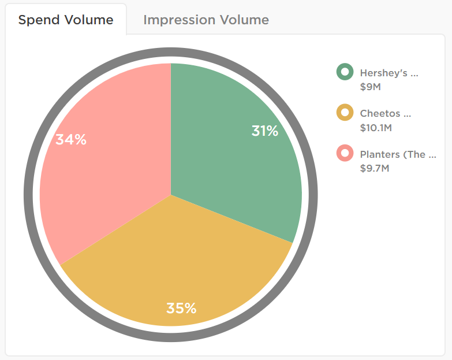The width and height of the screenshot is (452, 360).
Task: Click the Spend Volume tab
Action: coord(66,20)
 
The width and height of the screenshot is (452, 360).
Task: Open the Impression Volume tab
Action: coord(206,20)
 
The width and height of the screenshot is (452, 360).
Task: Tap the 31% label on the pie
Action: coord(265,131)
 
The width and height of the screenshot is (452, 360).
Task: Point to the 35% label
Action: coord(181,308)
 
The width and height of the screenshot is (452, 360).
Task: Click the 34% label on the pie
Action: coord(71,139)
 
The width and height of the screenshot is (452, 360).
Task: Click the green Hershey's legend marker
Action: coord(345,72)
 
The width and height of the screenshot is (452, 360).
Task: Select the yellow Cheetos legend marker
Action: coord(345,113)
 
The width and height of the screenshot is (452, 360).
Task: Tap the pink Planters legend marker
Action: coord(345,154)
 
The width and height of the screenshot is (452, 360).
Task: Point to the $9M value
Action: coord(370,87)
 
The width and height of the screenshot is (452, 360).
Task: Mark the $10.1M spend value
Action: coord(376,128)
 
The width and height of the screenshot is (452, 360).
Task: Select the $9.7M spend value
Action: coord(375,169)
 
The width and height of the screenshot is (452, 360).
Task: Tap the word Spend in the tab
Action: coord(38,20)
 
